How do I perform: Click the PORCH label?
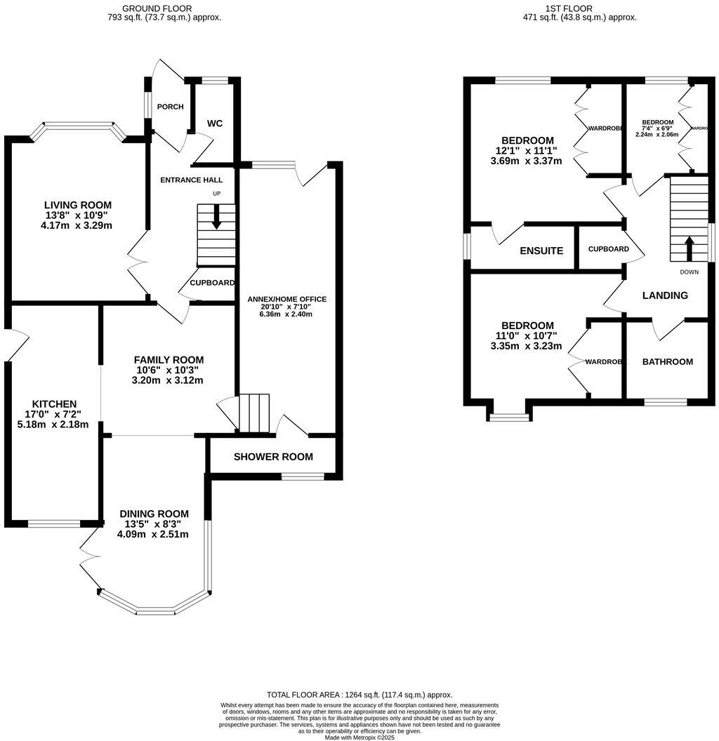point(171,107)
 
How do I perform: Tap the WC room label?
point(215,123)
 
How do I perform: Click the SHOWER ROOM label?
point(273,457)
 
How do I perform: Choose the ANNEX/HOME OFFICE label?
point(286,299)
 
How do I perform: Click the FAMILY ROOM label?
point(169,360)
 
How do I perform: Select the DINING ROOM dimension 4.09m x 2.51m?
point(153,534)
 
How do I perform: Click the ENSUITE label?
point(541,251)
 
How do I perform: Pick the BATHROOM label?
point(668,362)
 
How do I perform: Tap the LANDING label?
point(665,295)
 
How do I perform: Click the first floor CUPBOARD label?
point(608,249)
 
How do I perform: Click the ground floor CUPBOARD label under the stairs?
point(212,283)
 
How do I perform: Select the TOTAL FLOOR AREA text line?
point(359,694)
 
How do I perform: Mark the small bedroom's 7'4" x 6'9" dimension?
point(658,128)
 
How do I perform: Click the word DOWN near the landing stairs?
point(689,272)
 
